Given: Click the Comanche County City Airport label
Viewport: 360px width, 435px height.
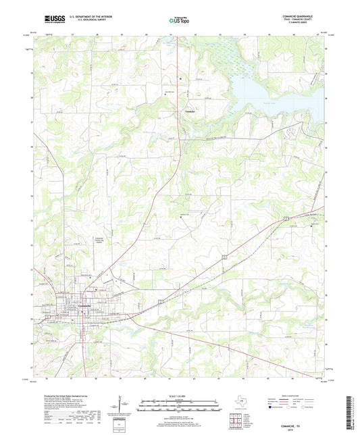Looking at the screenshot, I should (99, 240).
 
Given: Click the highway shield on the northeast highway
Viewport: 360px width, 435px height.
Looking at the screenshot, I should (286, 217).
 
